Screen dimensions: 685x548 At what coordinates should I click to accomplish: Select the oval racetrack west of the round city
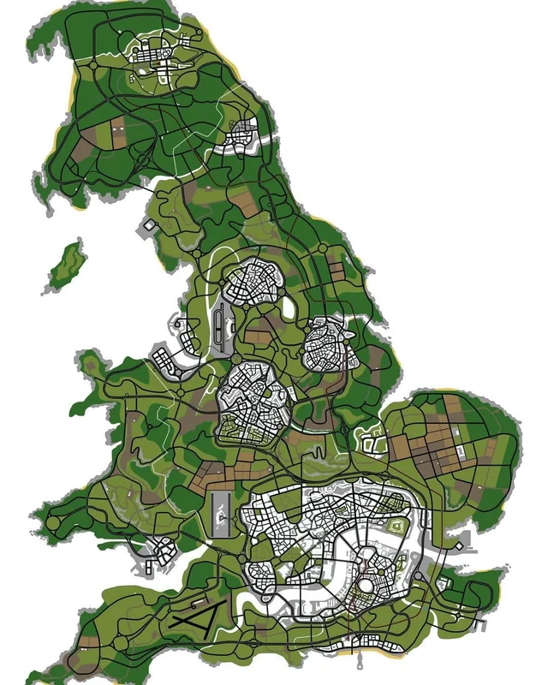point(223,325)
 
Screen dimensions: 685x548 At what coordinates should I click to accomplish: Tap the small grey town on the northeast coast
point(244,133)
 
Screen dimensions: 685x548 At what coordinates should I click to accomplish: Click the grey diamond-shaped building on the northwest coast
point(148,223)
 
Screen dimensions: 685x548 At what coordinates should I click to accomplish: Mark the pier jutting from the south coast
point(359,659)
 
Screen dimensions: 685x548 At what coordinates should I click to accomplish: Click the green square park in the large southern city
point(397,526)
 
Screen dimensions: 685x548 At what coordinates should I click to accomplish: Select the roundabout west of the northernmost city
point(92,63)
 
